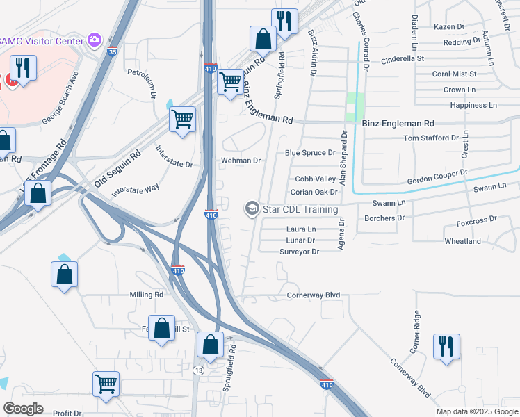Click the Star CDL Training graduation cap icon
pyautogui.click(x=251, y=208)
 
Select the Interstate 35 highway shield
pyautogui.click(x=113, y=51)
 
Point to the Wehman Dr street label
pyautogui.click(x=240, y=161)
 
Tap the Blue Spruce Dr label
pyautogui.click(x=310, y=153)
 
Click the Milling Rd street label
pyautogui.click(x=146, y=295)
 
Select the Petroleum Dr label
pyautogui.click(x=144, y=82)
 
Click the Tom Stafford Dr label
pyautogui.click(x=432, y=138)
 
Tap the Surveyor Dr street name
pyautogui.click(x=299, y=252)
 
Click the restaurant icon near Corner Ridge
pyautogui.click(x=446, y=346)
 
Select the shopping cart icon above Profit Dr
pyautogui.click(x=106, y=383)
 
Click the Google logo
pyautogui.click(x=23, y=409)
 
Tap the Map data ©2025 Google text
pyautogui.click(x=476, y=411)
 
